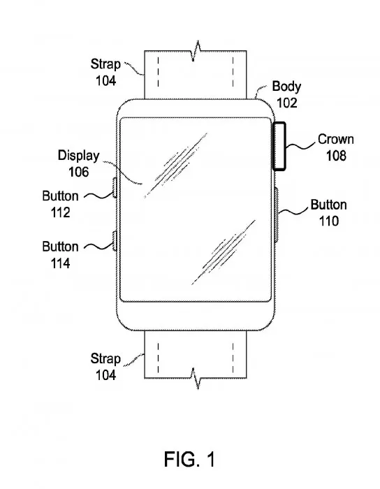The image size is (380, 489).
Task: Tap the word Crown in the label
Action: [x=335, y=139]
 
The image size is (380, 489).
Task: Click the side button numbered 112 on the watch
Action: [x=114, y=189]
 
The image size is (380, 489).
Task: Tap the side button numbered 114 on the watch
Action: [x=114, y=242]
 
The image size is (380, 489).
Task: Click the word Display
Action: [x=78, y=156]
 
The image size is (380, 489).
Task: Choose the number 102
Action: [x=286, y=103]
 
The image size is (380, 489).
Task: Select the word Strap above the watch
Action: [x=105, y=64]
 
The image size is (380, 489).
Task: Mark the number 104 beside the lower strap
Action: [x=105, y=374]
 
